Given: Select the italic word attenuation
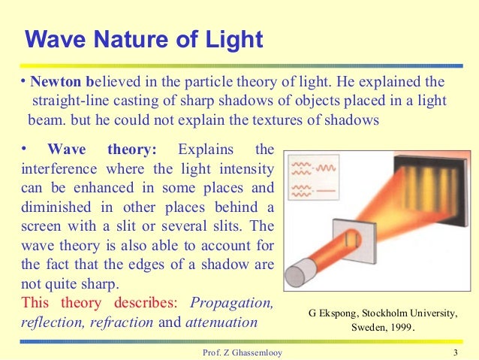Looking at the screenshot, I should click(x=221, y=322).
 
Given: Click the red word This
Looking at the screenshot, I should click(x=35, y=304).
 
